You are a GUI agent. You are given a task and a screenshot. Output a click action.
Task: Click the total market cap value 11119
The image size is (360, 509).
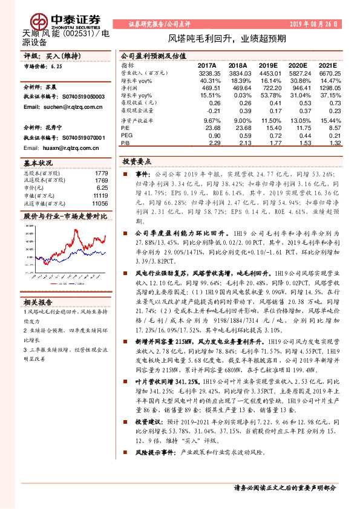click(101, 195)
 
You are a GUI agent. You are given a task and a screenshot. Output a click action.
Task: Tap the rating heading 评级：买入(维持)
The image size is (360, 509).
click(48, 56)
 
